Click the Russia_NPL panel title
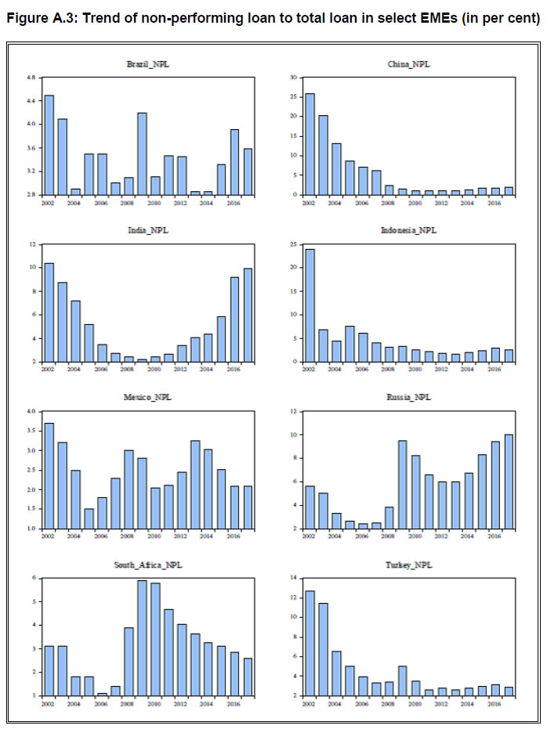coord(409,398)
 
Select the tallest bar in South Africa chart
coord(143,637)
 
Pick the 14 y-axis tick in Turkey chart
coord(293,578)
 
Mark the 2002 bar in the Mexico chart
coord(49,475)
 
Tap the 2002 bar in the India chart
coord(49,312)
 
